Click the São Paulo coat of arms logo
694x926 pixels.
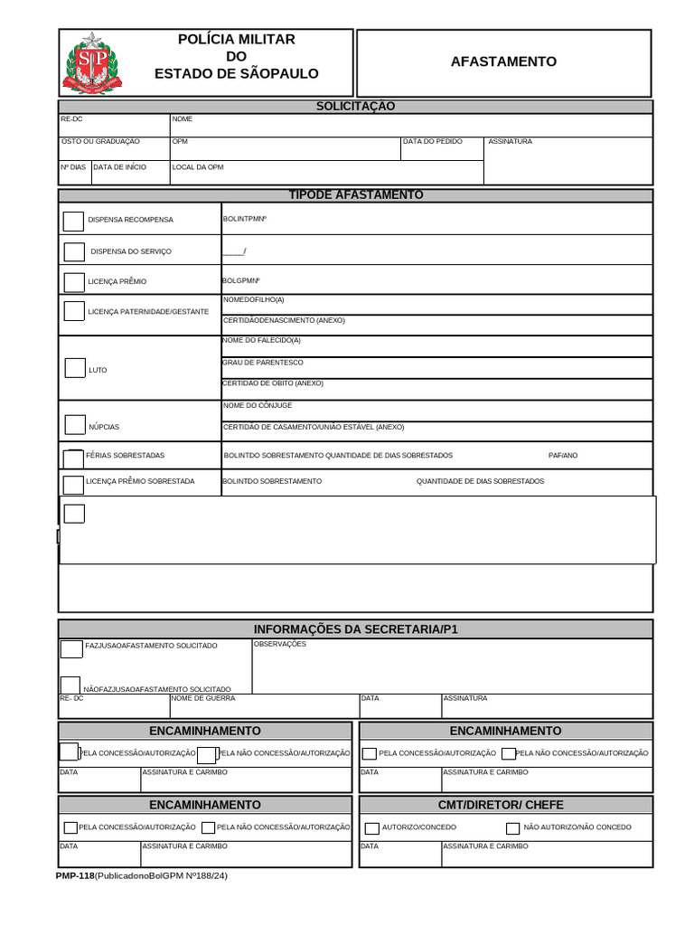(90, 63)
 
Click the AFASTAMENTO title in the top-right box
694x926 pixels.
(503, 61)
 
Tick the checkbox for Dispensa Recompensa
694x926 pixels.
(73, 221)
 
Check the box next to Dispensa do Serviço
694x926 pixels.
(73, 251)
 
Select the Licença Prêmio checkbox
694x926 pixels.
(73, 281)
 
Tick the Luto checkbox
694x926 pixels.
(75, 368)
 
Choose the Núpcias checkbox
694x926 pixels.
(75, 424)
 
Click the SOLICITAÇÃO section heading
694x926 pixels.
(355, 107)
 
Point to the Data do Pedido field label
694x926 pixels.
(432, 142)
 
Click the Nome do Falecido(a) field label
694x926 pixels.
(261, 340)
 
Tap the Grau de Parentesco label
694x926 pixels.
(262, 363)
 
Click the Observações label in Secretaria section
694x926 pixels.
(280, 644)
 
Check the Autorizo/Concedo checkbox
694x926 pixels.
(371, 828)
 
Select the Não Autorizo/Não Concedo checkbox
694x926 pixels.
(512, 828)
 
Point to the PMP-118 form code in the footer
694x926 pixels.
(74, 876)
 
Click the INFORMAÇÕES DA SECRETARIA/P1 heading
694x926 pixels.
(355, 629)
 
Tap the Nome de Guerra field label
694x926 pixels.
(203, 698)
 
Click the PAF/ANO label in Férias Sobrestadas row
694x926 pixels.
(562, 456)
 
